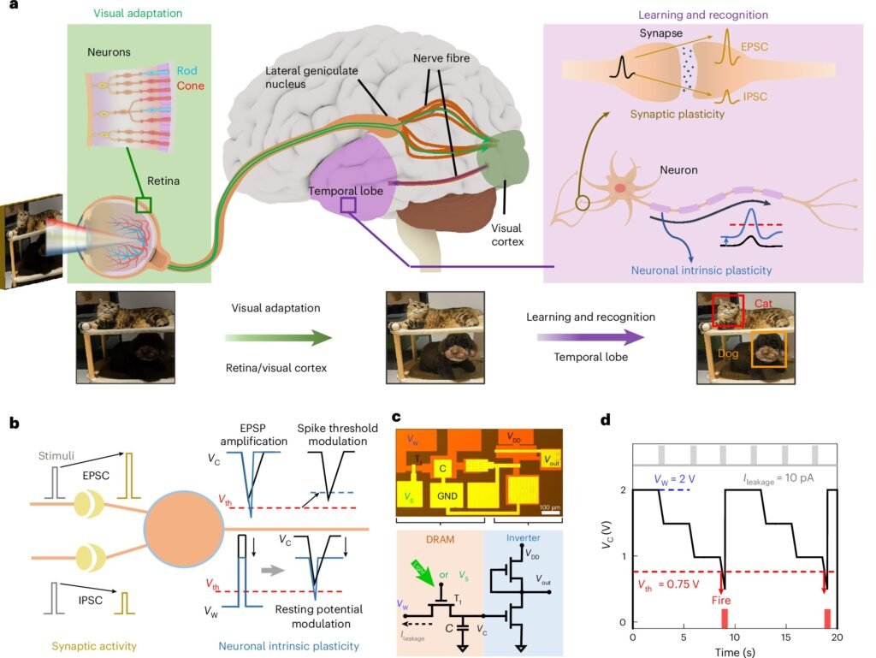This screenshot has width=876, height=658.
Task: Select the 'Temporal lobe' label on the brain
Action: [x=347, y=192]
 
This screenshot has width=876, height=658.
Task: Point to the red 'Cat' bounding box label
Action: [x=766, y=303]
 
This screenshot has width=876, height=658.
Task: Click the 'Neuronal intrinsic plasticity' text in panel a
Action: [x=701, y=270]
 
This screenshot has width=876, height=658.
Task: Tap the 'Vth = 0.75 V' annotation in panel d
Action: [x=672, y=585]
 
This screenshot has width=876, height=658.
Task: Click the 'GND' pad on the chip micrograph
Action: [x=446, y=496]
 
